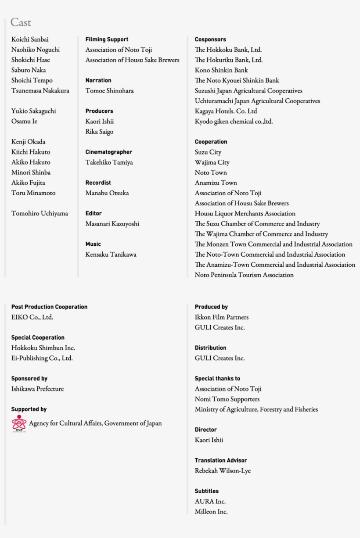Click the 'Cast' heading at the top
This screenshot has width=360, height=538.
pyautogui.click(x=21, y=22)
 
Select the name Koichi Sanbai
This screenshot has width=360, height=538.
pyautogui.click(x=30, y=39)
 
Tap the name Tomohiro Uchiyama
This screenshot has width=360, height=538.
pyautogui.click(x=40, y=214)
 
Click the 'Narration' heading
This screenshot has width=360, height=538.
pyautogui.click(x=98, y=80)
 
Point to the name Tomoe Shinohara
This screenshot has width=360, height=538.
pyautogui.click(x=109, y=91)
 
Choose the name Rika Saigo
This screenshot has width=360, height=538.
pyautogui.click(x=99, y=132)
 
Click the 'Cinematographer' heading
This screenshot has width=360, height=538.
pyautogui.click(x=108, y=152)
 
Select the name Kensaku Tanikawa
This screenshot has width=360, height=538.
pyautogui.click(x=111, y=255)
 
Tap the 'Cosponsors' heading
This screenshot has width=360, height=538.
pyautogui.click(x=210, y=39)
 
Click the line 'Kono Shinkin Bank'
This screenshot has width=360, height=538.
pyautogui.click(x=221, y=70)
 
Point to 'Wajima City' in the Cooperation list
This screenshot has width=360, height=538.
pyautogui.click(x=212, y=162)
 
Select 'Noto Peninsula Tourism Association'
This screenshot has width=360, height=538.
pyautogui.click(x=244, y=275)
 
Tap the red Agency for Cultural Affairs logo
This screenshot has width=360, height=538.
pyautogui.click(x=19, y=423)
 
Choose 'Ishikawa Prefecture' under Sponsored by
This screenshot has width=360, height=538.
pyautogui.click(x=37, y=389)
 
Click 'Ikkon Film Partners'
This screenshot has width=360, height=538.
pyautogui.click(x=221, y=317)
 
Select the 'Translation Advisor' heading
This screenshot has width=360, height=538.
pyautogui.click(x=221, y=460)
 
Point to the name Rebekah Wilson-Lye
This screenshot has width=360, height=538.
pyautogui.click(x=223, y=471)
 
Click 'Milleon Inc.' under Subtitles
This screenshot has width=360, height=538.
pyautogui.click(x=211, y=512)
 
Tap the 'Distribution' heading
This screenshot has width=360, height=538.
pyautogui.click(x=210, y=348)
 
